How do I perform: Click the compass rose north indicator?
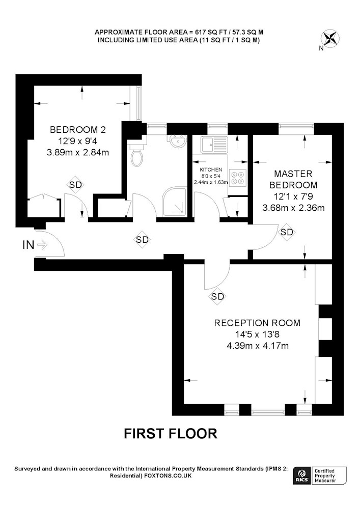click(330, 38)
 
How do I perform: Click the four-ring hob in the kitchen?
click(238, 178)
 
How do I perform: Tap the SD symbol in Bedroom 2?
click(76, 185)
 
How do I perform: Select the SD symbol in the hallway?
click(142, 240)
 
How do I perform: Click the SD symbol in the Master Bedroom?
click(287, 232)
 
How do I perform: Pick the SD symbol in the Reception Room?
click(217, 296)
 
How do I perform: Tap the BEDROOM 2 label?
click(78, 130)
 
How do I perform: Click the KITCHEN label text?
click(211, 170)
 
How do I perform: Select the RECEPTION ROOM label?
click(258, 323)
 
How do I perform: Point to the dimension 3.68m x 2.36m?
click(293, 208)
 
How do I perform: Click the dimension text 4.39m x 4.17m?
click(258, 346)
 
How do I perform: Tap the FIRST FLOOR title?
click(171, 434)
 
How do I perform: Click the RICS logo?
click(301, 476)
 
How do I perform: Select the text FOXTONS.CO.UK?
click(168, 475)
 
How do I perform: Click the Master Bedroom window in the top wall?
click(296, 129)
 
